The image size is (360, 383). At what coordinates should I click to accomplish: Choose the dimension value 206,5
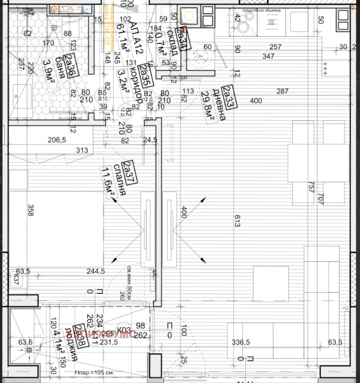click(x=57, y=140)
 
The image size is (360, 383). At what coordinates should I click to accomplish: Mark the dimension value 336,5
click(x=241, y=342)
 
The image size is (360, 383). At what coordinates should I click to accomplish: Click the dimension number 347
click(x=268, y=56)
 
